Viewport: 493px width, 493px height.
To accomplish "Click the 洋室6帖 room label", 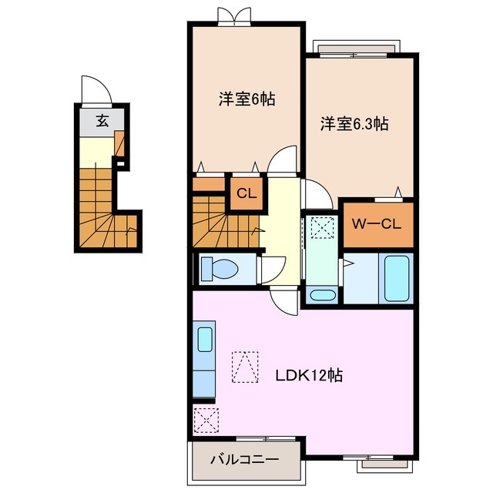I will [246, 99].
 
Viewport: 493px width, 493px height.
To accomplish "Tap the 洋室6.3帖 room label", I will [354, 123].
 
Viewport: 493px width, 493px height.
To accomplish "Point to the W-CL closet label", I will [377, 224].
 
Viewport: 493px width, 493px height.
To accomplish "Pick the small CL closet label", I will [246, 194].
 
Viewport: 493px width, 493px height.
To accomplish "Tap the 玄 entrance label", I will [102, 120].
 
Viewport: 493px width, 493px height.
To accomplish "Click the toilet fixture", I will [220, 269].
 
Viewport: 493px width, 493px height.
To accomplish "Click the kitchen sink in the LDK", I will [205, 339].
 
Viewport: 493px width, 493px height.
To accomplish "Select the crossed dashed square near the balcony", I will [206, 421].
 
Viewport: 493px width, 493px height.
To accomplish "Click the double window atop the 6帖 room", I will [234, 16].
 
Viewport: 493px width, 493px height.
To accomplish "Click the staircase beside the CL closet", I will [223, 220].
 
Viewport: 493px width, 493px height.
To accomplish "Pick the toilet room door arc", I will [271, 270].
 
